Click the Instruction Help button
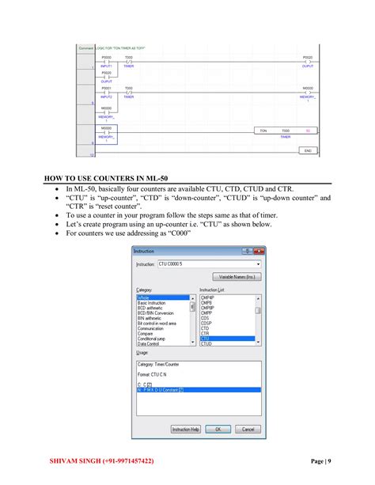[x=185, y=429]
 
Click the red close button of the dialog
[x=259, y=251]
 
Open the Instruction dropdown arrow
[x=258, y=263]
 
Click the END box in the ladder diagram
[x=308, y=150]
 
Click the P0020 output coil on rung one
[x=308, y=61]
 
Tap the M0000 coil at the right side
[x=308, y=93]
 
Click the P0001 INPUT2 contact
[x=107, y=92]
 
